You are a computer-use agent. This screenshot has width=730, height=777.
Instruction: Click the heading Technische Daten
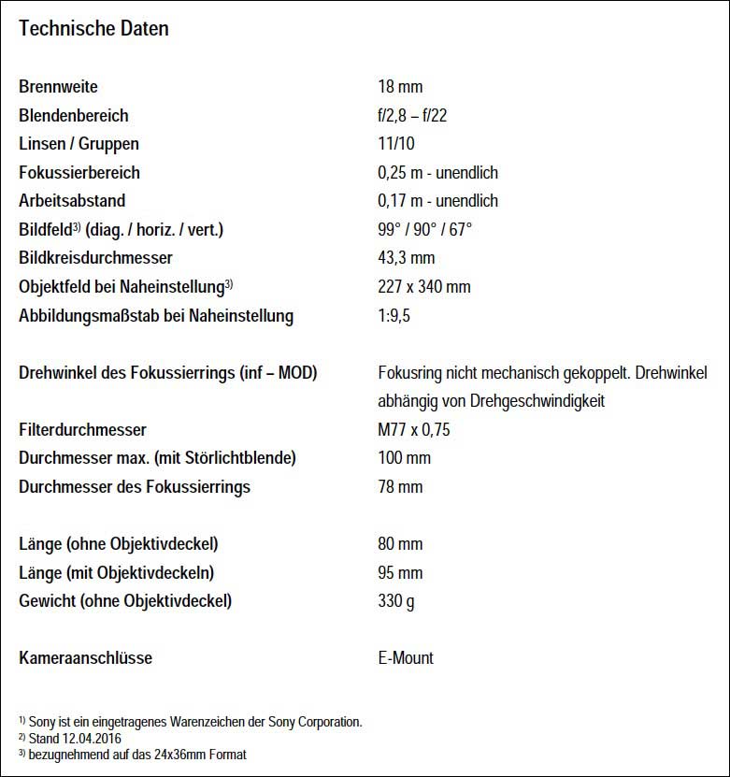(93, 28)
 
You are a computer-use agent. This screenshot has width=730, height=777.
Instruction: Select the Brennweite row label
(58, 87)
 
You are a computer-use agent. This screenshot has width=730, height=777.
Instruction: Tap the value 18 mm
(400, 87)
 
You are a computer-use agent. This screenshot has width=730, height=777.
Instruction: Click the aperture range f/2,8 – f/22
(419, 116)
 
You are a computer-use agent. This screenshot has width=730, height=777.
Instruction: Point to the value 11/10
(396, 144)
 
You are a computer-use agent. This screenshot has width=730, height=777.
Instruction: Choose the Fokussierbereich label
(79, 173)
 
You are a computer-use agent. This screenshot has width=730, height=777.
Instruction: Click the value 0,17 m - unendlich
(437, 201)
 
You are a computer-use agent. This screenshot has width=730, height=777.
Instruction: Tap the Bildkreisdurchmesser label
(95, 258)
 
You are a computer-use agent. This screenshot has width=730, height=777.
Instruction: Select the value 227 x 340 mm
(423, 287)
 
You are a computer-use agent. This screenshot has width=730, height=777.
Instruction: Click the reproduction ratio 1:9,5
(394, 316)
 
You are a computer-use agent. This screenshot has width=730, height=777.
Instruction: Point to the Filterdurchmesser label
(82, 430)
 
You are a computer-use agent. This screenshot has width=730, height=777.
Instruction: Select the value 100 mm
(404, 458)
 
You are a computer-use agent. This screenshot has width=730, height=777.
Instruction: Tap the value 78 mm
(400, 487)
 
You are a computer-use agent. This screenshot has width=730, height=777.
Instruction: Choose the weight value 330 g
(396, 601)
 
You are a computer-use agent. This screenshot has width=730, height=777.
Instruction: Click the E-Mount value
(406, 658)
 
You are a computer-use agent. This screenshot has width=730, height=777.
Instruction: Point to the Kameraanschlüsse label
(85, 658)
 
